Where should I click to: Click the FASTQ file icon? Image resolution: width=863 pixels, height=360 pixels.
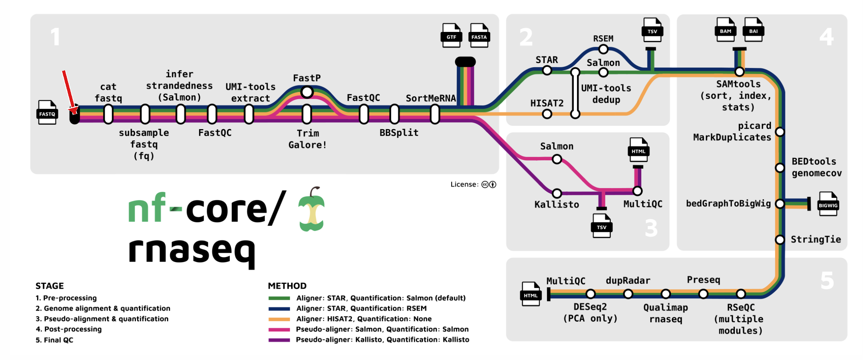(47, 112)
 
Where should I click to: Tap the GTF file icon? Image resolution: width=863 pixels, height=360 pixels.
(451, 35)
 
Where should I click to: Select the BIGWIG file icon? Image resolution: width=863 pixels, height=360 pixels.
(828, 204)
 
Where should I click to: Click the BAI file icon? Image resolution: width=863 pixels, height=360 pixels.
(753, 30)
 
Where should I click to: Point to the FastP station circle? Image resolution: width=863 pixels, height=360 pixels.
(307, 92)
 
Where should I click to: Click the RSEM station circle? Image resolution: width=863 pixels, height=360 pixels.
(603, 49)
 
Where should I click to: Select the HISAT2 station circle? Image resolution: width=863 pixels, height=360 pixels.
(547, 114)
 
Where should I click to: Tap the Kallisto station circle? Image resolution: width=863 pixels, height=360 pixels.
(557, 193)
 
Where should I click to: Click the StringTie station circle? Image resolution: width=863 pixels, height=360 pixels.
(780, 240)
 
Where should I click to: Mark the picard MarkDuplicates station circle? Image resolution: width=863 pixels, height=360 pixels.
(780, 132)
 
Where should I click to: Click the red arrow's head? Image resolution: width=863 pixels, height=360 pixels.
(74, 111)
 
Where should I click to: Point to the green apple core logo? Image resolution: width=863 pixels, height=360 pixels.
(312, 209)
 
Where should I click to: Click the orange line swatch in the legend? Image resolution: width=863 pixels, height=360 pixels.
(279, 319)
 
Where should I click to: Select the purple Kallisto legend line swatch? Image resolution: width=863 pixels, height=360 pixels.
(279, 340)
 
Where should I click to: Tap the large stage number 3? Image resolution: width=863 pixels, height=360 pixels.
(651, 228)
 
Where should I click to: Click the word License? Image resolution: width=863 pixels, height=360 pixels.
(463, 184)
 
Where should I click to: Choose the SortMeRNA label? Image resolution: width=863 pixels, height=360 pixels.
(431, 98)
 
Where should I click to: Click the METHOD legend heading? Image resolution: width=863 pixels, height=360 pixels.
(287, 286)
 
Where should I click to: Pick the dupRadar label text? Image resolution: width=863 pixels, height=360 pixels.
(628, 281)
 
